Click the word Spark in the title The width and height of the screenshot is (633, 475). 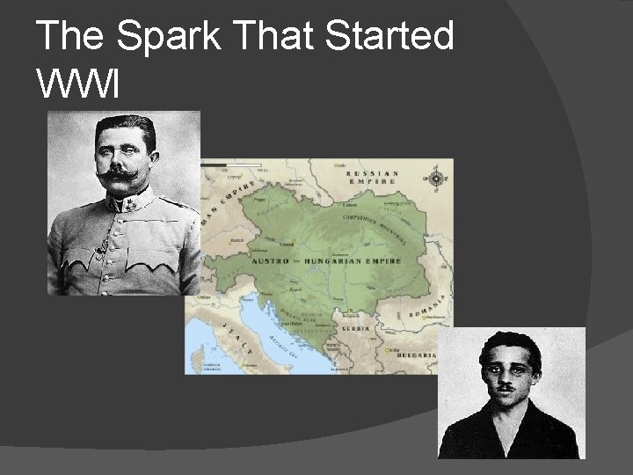pyautogui.click(x=166, y=37)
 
